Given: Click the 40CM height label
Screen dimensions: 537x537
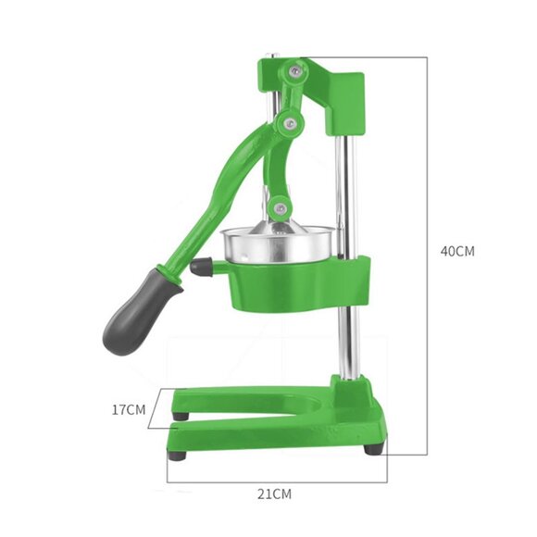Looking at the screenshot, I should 457,251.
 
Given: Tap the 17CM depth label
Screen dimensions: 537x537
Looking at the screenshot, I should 130,408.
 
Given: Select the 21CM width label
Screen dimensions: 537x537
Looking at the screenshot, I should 275,494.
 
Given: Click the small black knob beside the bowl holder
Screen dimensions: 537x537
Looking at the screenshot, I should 200,267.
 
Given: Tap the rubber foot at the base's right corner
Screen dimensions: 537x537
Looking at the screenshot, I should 372,449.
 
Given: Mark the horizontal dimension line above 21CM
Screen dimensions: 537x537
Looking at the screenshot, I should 275,481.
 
